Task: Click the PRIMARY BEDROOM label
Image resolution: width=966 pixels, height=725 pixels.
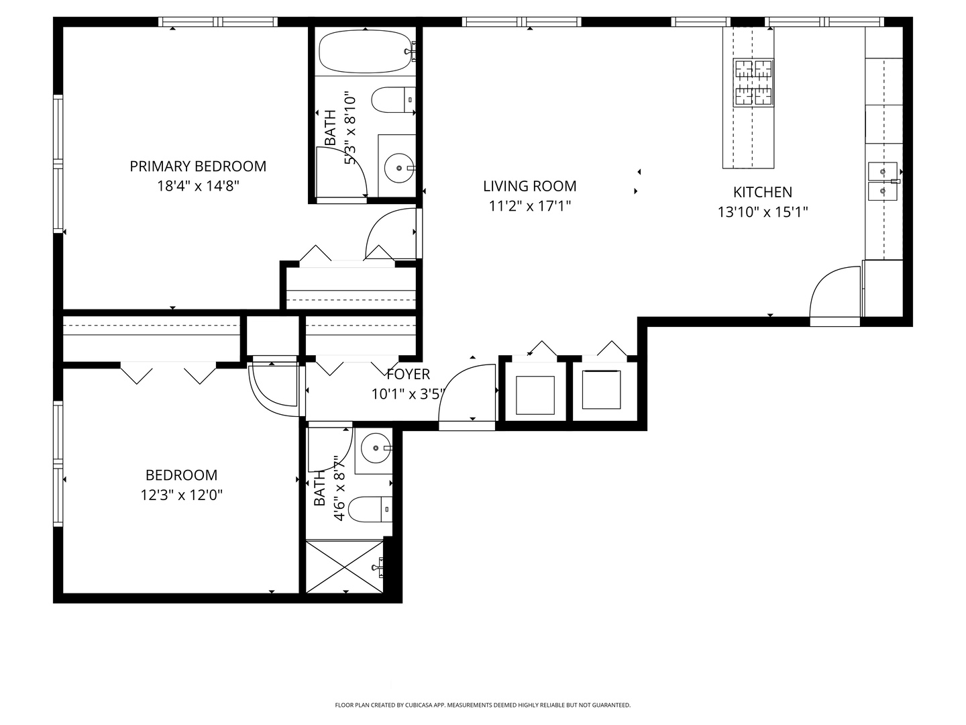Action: [198, 166]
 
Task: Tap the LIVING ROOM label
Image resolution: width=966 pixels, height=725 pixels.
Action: [529, 186]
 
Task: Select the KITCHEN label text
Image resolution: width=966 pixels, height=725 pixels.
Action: [763, 193]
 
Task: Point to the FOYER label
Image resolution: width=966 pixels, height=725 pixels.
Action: [408, 374]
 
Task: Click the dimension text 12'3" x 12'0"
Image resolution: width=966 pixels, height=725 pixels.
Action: [181, 495]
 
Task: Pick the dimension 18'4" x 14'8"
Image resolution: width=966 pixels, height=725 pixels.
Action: [198, 186]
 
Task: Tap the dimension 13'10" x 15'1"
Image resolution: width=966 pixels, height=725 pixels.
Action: [763, 213]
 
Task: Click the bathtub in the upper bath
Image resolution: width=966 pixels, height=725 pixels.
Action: [366, 52]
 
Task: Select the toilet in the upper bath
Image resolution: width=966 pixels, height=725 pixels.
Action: [393, 100]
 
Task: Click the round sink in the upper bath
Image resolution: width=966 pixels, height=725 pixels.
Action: [399, 168]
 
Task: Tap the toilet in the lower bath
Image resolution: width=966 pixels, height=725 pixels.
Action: [370, 510]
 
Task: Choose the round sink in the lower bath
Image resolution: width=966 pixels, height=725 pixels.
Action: [376, 448]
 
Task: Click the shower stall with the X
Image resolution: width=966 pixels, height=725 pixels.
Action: [344, 567]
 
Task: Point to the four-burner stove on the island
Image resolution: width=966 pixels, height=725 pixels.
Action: [753, 83]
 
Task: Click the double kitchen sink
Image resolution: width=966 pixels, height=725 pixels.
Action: [882, 181]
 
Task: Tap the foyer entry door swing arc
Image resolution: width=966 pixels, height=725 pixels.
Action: [453, 379]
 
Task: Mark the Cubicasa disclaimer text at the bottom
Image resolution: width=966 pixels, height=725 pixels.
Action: [483, 705]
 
